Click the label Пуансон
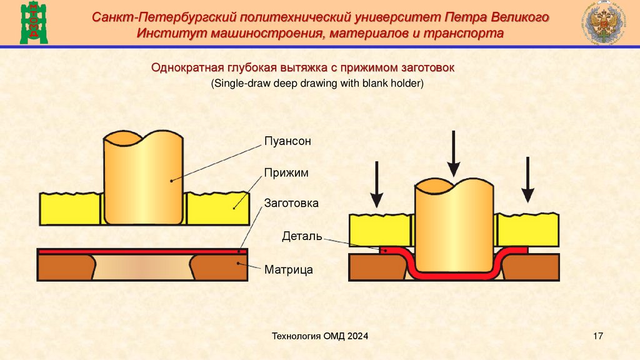(x=287, y=142)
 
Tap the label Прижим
(x=286, y=172)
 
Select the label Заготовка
(x=291, y=203)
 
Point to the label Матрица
(x=288, y=270)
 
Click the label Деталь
(x=302, y=237)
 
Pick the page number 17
(x=597, y=337)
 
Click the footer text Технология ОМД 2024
(x=320, y=337)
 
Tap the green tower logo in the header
(x=33, y=22)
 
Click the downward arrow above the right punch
(x=454, y=153)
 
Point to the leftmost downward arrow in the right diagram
(x=376, y=184)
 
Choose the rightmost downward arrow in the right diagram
(x=528, y=180)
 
